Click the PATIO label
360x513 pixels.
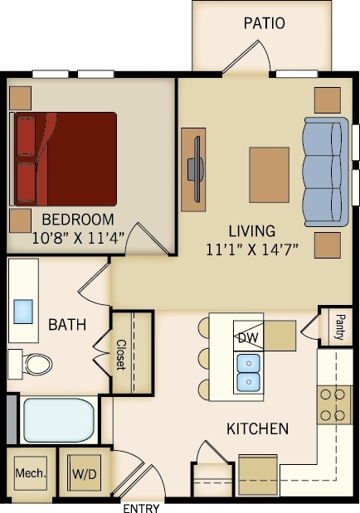[x=264, y=23]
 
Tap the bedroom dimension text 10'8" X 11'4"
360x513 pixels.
[x=77, y=237]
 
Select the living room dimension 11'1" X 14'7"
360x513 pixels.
[x=252, y=248]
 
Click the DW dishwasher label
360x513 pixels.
[x=247, y=338]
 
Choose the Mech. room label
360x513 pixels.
[x=30, y=474]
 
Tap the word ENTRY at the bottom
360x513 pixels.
[x=141, y=508]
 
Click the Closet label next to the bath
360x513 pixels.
[x=121, y=354]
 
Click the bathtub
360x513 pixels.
[x=58, y=420]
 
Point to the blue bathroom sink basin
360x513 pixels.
[x=23, y=310]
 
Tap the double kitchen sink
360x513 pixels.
[x=247, y=372]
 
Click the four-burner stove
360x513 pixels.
[x=333, y=404]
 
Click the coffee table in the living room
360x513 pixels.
[x=269, y=175]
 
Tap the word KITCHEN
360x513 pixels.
[x=258, y=428]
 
